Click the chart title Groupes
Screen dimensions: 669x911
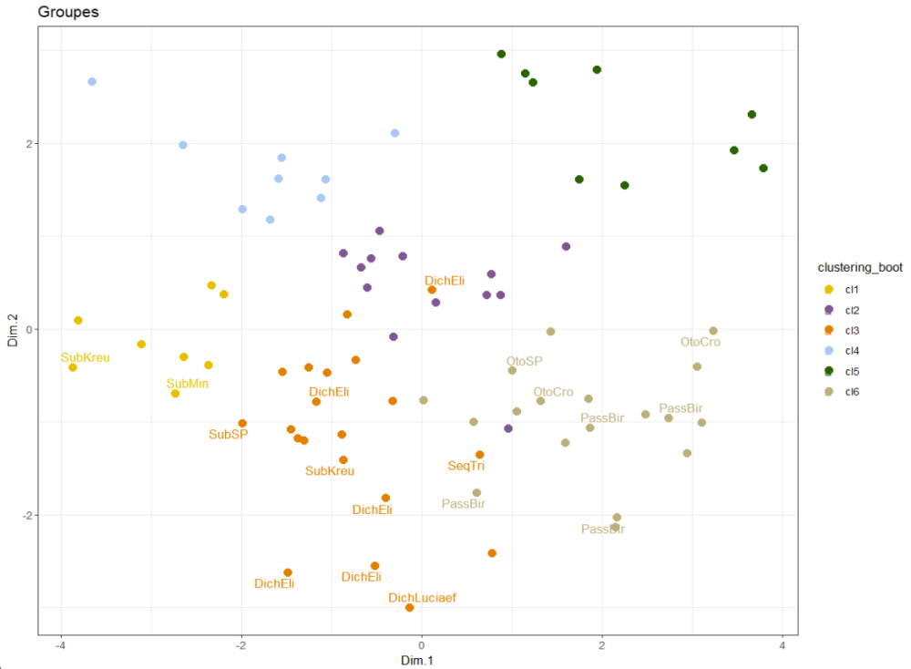[x=68, y=13]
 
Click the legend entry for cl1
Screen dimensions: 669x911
[x=852, y=289]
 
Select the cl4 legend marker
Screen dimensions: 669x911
[x=829, y=350]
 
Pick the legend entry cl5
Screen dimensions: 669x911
[x=852, y=371]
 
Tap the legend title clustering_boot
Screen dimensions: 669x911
[x=860, y=267]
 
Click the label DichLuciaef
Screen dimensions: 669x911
[x=422, y=598]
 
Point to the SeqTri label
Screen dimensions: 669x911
[x=466, y=466]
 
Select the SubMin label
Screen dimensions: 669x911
[x=187, y=383]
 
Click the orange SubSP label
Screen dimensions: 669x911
[x=228, y=435]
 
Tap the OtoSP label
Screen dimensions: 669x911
[x=524, y=361]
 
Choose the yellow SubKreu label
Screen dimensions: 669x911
[x=86, y=357]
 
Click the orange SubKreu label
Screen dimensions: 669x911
[x=330, y=471]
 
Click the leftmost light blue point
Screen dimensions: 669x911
[x=92, y=82]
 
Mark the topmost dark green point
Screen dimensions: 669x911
[x=501, y=54]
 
